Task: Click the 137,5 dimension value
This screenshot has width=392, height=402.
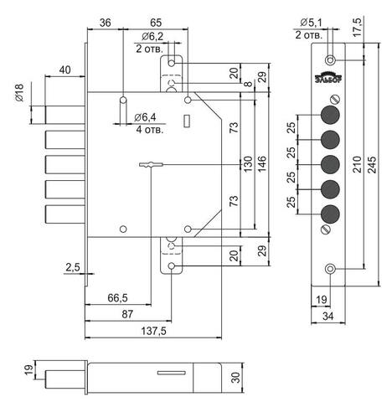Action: tap(153, 331)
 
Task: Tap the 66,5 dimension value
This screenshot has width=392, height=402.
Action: tap(117, 298)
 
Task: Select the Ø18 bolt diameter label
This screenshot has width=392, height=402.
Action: tap(19, 93)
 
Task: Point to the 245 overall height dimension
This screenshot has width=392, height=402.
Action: tap(372, 165)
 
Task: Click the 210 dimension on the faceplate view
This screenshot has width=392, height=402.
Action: tap(357, 165)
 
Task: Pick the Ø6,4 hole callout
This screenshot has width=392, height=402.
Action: tap(145, 117)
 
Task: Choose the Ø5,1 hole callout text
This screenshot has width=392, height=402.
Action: tap(312, 23)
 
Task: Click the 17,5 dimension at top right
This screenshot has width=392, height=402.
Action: tap(357, 27)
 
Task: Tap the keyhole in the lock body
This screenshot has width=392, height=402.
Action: tap(151, 164)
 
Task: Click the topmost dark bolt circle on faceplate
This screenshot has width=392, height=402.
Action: tap(330, 115)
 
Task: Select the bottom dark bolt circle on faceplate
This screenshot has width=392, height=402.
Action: tap(330, 214)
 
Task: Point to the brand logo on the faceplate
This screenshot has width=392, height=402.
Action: tap(328, 79)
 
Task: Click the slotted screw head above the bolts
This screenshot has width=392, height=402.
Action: tap(334, 100)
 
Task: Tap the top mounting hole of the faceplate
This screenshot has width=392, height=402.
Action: tap(330, 59)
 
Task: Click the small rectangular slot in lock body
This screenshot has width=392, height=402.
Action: tap(187, 121)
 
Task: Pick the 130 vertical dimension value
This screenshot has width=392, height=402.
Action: tap(248, 164)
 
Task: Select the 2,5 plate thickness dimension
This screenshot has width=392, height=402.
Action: tap(73, 267)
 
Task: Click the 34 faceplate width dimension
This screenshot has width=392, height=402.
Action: tap(328, 317)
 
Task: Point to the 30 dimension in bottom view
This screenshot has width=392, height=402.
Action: tap(236, 378)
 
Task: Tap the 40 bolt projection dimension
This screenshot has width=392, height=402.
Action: tap(64, 70)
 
